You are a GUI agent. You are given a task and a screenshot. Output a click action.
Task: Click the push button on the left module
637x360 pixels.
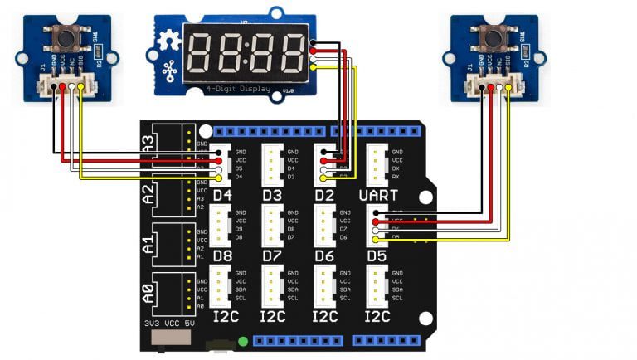61,36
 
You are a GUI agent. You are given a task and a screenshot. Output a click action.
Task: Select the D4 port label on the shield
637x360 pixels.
222,196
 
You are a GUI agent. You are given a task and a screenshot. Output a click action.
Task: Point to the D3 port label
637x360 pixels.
274,196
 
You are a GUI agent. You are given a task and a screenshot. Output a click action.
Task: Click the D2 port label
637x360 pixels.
325,196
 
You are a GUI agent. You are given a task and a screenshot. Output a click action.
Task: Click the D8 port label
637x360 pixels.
222,255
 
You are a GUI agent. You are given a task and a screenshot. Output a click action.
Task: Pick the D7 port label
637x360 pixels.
274,255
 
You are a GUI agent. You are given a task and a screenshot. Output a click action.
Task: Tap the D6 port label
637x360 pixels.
325,255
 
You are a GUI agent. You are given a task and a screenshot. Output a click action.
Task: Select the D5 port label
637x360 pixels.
378,255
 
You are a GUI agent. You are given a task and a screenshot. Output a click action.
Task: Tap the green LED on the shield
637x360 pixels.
242,341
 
